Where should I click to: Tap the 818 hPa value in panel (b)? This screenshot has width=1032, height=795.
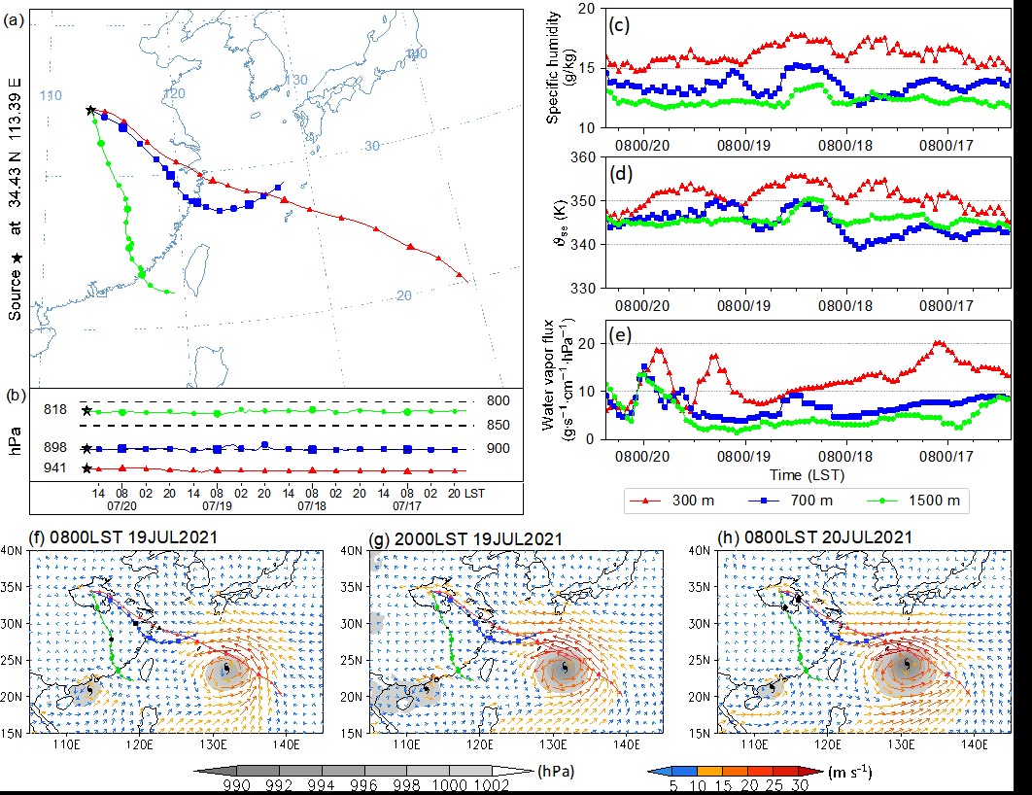[x=55, y=411]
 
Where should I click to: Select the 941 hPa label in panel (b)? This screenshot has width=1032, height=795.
[x=55, y=469]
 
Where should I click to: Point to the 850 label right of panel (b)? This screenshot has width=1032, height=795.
[x=497, y=425]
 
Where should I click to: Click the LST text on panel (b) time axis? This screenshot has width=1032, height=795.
[x=474, y=494]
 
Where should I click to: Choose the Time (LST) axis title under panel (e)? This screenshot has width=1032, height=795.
[x=806, y=474]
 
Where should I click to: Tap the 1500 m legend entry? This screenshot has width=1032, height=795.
[x=935, y=501]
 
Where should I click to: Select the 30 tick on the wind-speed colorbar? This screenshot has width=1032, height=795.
[x=799, y=786]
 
